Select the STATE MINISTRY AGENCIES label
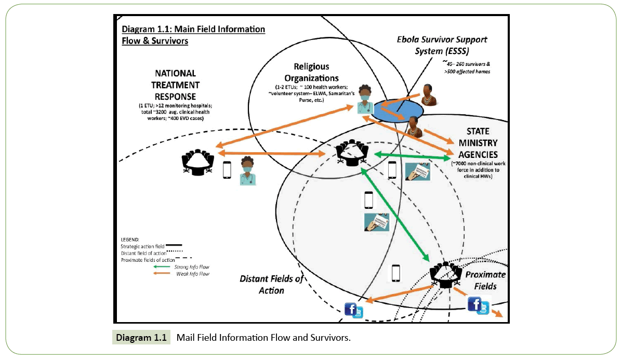coord(478,143)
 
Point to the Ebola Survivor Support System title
coord(442,45)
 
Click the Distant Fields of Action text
coord(271,284)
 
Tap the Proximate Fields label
coord(481,281)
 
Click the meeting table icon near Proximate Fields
coord(446,274)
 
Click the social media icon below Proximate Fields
coord(479,305)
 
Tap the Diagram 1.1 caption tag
coord(141,338)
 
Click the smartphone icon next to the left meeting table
coord(227,170)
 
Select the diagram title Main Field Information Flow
coord(193,34)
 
